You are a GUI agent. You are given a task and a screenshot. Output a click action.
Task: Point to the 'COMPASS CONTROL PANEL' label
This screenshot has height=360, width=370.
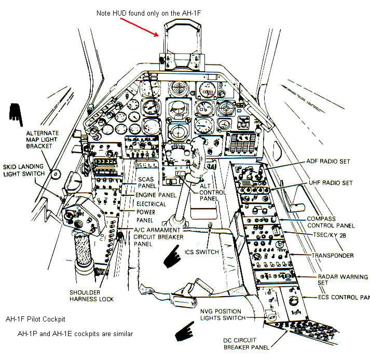click(330, 222)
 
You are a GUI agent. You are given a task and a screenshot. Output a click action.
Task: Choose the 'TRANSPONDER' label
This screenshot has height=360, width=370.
click(332, 256)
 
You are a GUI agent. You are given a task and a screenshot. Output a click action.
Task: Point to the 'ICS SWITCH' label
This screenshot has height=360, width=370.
click(201, 252)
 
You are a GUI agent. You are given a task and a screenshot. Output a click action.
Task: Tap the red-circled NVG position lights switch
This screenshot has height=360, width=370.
click(270, 315)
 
